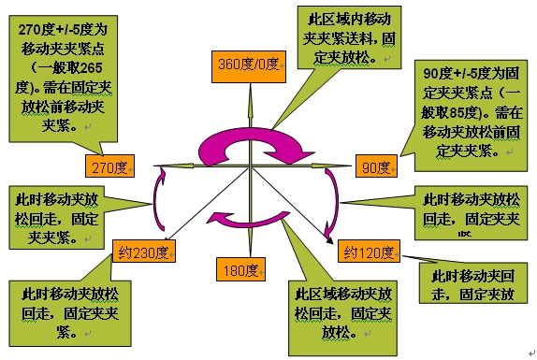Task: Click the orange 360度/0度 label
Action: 249,65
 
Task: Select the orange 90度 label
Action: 376,167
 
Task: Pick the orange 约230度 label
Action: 143,252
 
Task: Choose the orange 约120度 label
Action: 369,251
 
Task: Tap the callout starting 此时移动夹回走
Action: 472,286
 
